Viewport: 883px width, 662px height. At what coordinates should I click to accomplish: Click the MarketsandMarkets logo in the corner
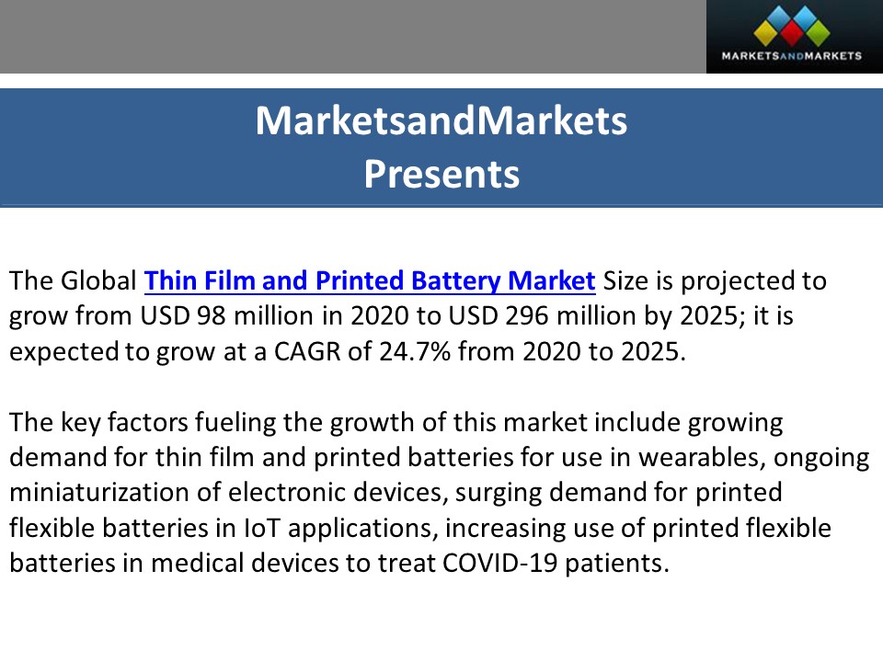click(x=795, y=37)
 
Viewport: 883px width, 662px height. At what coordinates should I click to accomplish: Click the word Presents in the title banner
click(x=441, y=173)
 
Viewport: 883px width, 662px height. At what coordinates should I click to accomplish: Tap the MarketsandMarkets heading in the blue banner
click(x=441, y=121)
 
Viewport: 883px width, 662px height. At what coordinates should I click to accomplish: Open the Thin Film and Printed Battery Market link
click(x=370, y=280)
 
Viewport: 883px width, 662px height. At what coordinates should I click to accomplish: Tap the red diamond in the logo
click(x=795, y=33)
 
